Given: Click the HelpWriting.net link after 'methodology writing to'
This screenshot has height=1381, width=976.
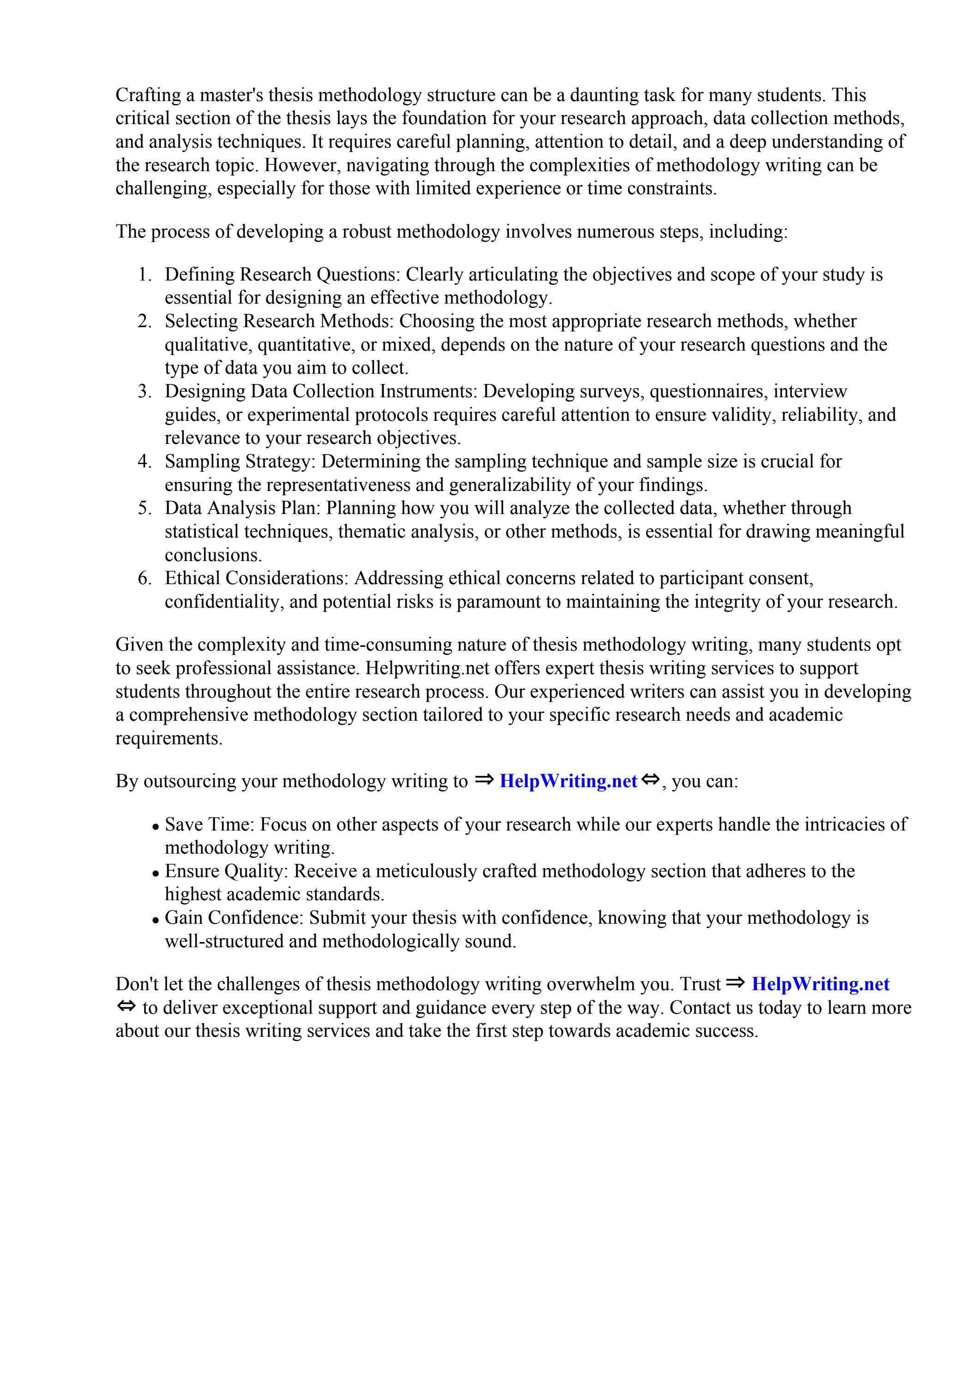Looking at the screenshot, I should click(x=568, y=781).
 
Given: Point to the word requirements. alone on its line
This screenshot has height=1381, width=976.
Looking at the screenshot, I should click(x=169, y=739).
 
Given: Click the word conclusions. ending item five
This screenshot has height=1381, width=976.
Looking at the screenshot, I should click(x=213, y=555).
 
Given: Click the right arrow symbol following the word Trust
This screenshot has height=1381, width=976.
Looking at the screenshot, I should click(x=735, y=983).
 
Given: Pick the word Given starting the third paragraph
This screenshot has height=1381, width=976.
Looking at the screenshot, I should click(x=139, y=645).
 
